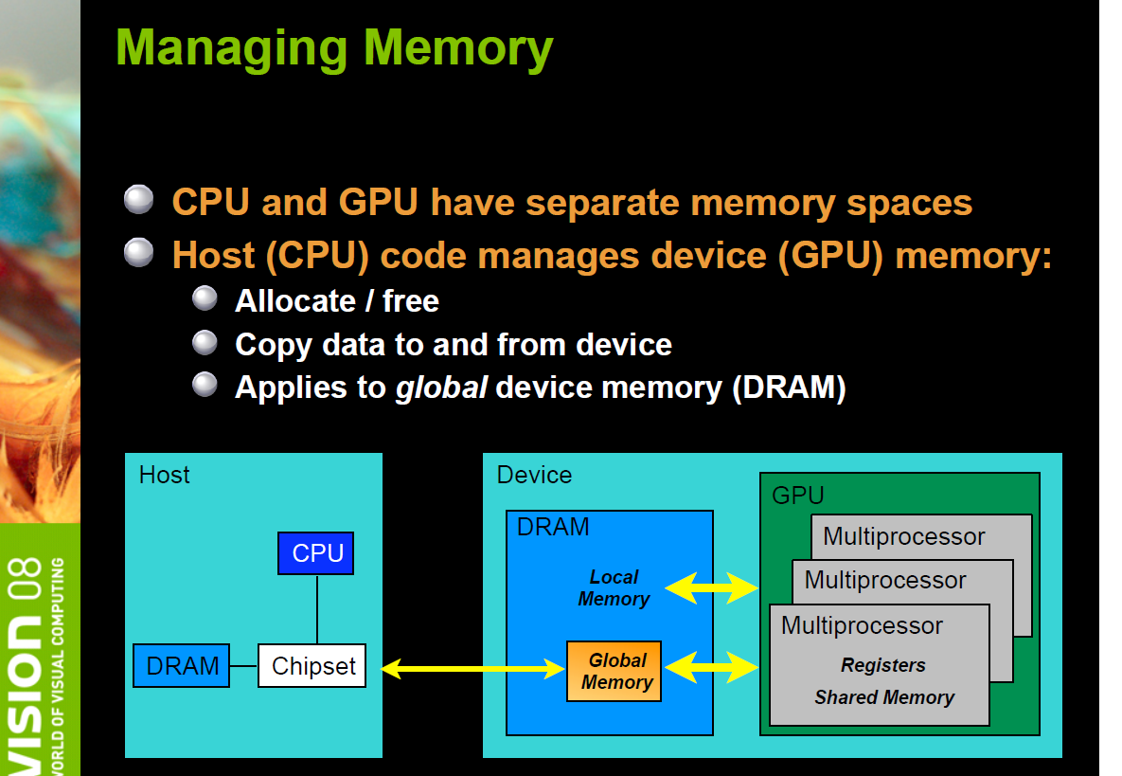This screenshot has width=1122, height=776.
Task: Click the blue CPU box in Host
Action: (315, 553)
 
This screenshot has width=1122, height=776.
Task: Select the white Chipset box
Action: (312, 666)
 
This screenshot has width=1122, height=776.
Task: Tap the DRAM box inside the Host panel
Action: (182, 666)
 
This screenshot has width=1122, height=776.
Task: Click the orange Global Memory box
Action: (614, 672)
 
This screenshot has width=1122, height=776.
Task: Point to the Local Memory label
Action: (614, 587)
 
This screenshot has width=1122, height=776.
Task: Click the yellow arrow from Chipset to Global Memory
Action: (473, 670)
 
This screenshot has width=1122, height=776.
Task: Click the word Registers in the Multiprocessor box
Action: (882, 665)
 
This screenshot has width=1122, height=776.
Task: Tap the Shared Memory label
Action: (883, 697)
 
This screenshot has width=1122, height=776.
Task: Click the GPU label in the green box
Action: (798, 495)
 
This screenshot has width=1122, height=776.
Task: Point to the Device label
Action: (534, 475)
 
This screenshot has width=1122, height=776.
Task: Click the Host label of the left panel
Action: (164, 475)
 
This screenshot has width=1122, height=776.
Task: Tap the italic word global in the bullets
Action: (440, 388)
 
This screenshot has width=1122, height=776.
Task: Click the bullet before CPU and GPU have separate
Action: (138, 200)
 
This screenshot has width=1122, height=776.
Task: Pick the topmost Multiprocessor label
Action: (903, 536)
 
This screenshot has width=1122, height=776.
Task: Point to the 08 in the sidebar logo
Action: (26, 581)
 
